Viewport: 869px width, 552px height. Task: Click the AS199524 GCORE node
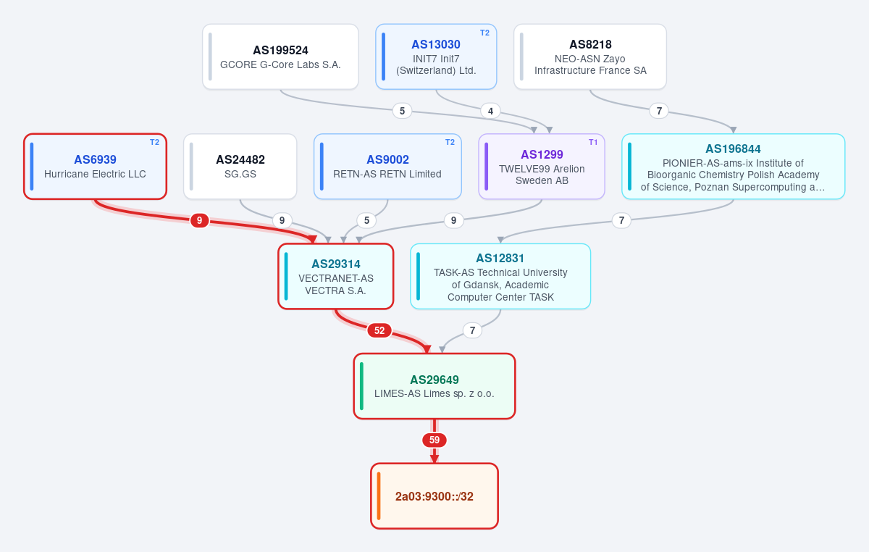pyautogui.click(x=280, y=57)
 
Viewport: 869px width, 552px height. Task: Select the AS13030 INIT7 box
pyautogui.click(x=436, y=57)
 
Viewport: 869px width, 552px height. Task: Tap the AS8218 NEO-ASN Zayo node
pyautogui.click(x=590, y=57)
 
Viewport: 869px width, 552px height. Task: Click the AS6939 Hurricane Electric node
pyautogui.click(x=95, y=167)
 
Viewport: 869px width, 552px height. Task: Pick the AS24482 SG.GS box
pyautogui.click(x=240, y=167)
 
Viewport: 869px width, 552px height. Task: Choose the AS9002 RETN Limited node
pyautogui.click(x=387, y=167)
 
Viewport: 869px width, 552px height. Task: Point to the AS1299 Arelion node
pyautogui.click(x=542, y=167)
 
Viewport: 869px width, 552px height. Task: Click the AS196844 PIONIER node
pyautogui.click(x=733, y=167)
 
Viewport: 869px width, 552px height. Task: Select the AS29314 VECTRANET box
pyautogui.click(x=336, y=277)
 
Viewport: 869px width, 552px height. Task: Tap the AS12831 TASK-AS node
pyautogui.click(x=500, y=277)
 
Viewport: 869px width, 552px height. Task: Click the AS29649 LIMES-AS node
pyautogui.click(x=434, y=386)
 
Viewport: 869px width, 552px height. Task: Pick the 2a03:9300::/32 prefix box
pyautogui.click(x=434, y=496)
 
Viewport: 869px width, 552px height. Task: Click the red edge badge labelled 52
pyautogui.click(x=379, y=330)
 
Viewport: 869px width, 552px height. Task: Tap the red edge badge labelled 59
pyautogui.click(x=434, y=440)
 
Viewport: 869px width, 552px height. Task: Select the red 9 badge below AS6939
pyautogui.click(x=199, y=220)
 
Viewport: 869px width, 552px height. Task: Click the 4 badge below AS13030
pyautogui.click(x=490, y=111)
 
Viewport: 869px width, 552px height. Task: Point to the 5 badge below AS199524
pyautogui.click(x=403, y=111)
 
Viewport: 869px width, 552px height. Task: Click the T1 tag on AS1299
pyautogui.click(x=593, y=142)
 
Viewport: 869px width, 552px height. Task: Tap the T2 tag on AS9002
pyautogui.click(x=450, y=142)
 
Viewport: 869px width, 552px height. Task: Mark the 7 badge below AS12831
pyautogui.click(x=472, y=330)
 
